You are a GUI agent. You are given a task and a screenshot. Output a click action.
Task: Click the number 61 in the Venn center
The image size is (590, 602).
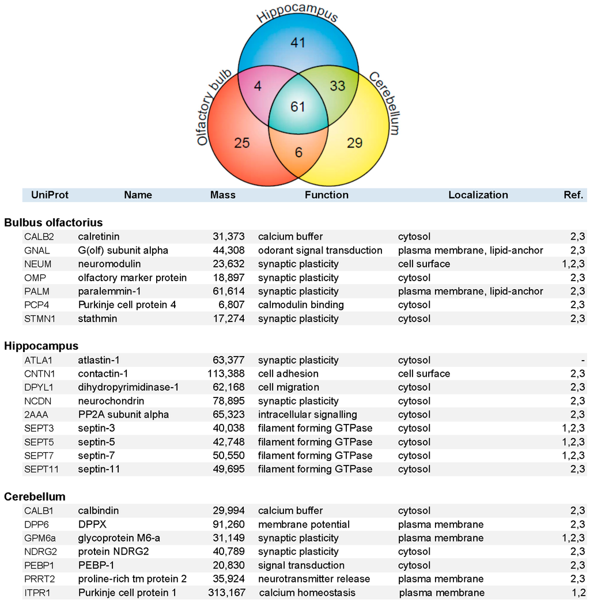297,107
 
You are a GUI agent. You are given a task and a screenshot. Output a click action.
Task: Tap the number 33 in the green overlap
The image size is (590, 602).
337,86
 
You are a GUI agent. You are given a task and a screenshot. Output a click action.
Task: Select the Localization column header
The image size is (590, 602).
478,195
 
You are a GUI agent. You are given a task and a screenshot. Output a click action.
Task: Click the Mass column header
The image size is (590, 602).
222,195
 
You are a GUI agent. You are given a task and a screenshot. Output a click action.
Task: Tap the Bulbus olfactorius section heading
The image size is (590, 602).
53,222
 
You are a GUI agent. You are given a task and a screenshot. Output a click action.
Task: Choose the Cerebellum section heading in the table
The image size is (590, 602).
35,496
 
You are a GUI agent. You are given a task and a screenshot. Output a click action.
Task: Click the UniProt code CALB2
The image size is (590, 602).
37,236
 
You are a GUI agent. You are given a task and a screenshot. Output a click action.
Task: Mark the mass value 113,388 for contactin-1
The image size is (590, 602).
226,373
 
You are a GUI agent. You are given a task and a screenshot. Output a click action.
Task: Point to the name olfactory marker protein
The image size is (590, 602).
132,278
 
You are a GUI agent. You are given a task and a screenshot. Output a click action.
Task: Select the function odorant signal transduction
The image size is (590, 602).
320,250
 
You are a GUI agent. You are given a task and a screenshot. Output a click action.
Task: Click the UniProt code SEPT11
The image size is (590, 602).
41,469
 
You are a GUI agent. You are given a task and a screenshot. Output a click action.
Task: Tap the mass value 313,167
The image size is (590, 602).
226,592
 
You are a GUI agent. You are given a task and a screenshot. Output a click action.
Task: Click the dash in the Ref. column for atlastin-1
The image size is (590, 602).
583,360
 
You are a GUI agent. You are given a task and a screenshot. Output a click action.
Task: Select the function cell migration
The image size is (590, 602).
288,387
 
